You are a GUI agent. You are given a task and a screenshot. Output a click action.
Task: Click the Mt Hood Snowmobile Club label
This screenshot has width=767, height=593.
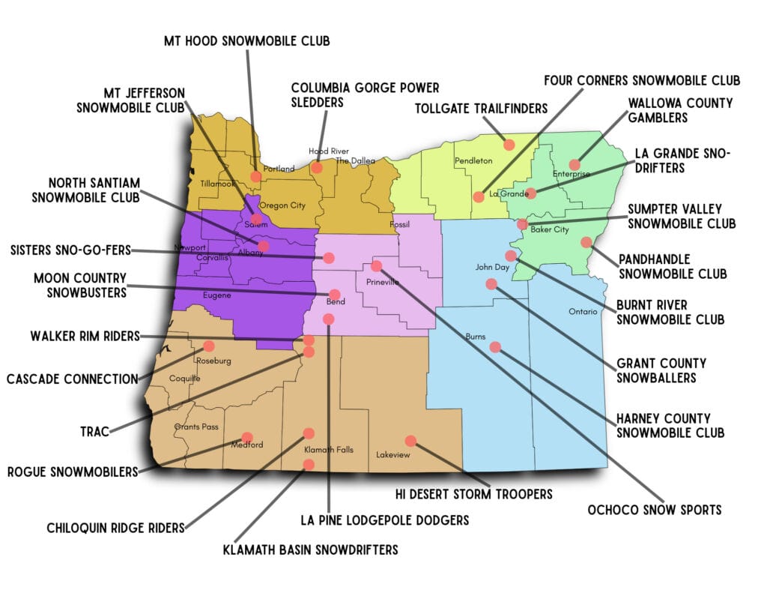pyautogui.click(x=247, y=40)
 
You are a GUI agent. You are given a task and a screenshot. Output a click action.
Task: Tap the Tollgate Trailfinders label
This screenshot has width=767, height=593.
pyautogui.click(x=482, y=109)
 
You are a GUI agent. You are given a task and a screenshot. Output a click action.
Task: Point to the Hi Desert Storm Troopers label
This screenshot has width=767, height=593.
pyautogui.click(x=473, y=494)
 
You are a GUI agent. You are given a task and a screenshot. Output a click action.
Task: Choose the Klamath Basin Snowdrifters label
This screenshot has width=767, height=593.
pyautogui.click(x=310, y=550)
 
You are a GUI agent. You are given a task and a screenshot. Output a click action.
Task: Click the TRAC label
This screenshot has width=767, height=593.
pyautogui.click(x=95, y=431)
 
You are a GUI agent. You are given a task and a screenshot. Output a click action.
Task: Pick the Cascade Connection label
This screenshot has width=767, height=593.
pyautogui.click(x=72, y=379)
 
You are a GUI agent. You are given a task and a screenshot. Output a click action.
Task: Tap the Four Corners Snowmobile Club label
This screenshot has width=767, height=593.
pyautogui.click(x=642, y=79)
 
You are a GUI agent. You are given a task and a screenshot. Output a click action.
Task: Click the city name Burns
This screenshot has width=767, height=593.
pyautogui.click(x=476, y=336)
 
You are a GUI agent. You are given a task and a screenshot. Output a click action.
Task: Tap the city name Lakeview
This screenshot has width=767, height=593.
pyautogui.click(x=393, y=454)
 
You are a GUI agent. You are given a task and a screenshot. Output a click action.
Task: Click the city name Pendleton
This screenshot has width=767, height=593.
pyautogui.click(x=473, y=161)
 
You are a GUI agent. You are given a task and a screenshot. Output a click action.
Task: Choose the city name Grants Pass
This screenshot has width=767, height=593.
pyautogui.click(x=196, y=427)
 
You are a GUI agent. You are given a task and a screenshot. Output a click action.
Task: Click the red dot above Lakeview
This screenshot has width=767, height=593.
pyautogui.click(x=410, y=441)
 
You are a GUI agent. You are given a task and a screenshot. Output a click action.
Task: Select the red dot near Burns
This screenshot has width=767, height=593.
pyautogui.click(x=494, y=346)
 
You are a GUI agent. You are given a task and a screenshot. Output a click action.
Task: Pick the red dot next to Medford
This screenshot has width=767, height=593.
pyautogui.click(x=247, y=437)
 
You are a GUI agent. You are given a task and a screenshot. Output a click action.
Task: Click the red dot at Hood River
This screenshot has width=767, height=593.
pyautogui.click(x=317, y=167)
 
